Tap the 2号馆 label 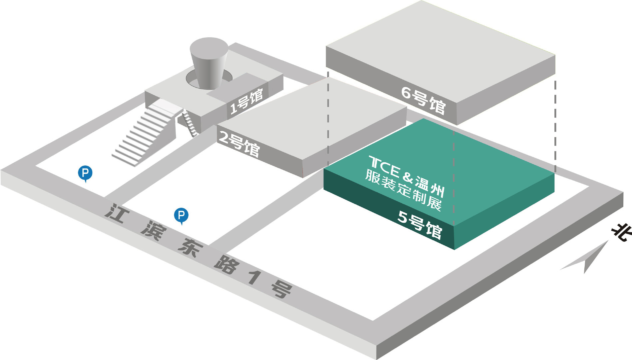[239, 144]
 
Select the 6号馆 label [423, 100]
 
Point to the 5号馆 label [420, 224]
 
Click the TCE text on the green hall [384, 166]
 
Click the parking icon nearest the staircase [85, 173]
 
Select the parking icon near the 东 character [181, 216]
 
